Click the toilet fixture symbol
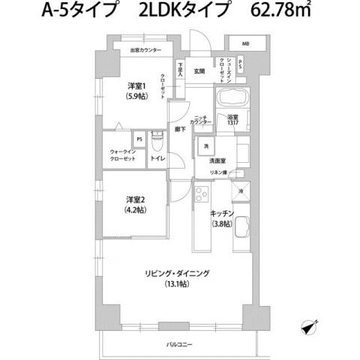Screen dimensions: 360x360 (x=157, y=141)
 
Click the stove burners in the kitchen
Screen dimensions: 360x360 (x=202, y=196)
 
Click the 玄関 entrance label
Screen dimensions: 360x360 (x=200, y=72)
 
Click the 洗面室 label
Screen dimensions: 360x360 (x=218, y=160)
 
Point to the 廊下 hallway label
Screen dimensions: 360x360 (x=180, y=129)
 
